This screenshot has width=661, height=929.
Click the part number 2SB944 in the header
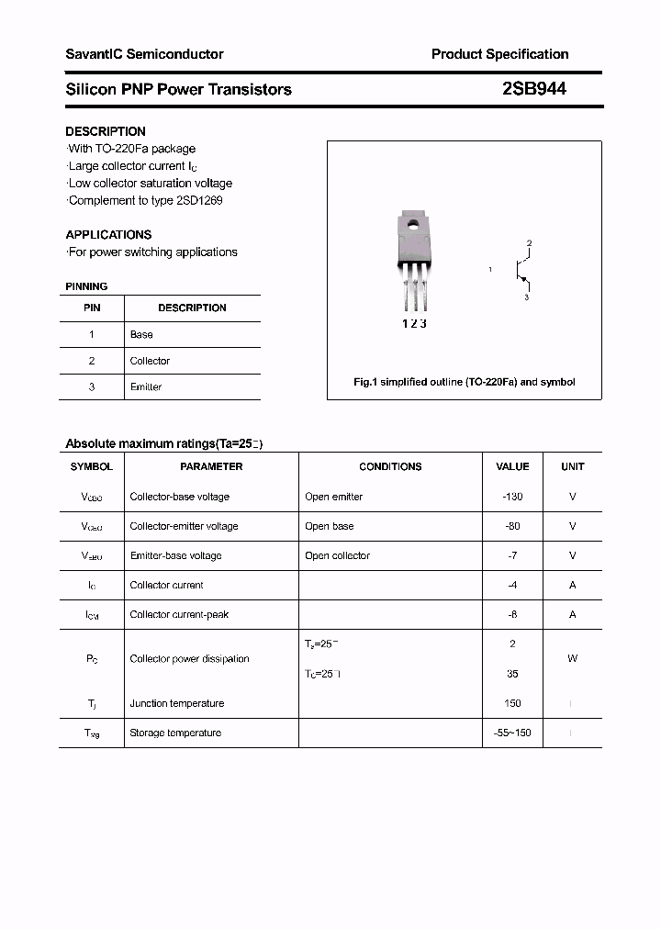[533, 89]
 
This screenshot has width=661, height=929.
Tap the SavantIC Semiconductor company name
[144, 54]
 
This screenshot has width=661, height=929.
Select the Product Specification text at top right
[499, 54]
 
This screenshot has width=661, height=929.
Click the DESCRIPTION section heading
[106, 131]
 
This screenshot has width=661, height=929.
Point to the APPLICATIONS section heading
[108, 234]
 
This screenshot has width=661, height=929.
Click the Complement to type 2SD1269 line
[145, 200]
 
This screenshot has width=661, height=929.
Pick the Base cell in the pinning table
[141, 335]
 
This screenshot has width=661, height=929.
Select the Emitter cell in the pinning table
[146, 387]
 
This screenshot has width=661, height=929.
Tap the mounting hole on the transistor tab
[413, 222]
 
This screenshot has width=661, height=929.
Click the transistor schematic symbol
[521, 270]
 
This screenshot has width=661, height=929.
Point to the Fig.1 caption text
[464, 382]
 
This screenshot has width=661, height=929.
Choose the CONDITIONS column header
[390, 466]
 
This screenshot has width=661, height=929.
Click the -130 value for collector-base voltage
[512, 497]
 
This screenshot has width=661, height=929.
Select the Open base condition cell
[329, 526]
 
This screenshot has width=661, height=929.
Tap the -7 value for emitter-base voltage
[512, 555]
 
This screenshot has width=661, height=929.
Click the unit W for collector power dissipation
[572, 658]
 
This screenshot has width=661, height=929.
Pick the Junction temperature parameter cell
[176, 703]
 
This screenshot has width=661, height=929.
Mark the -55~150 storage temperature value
[512, 733]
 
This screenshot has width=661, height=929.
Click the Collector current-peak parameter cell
[179, 614]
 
